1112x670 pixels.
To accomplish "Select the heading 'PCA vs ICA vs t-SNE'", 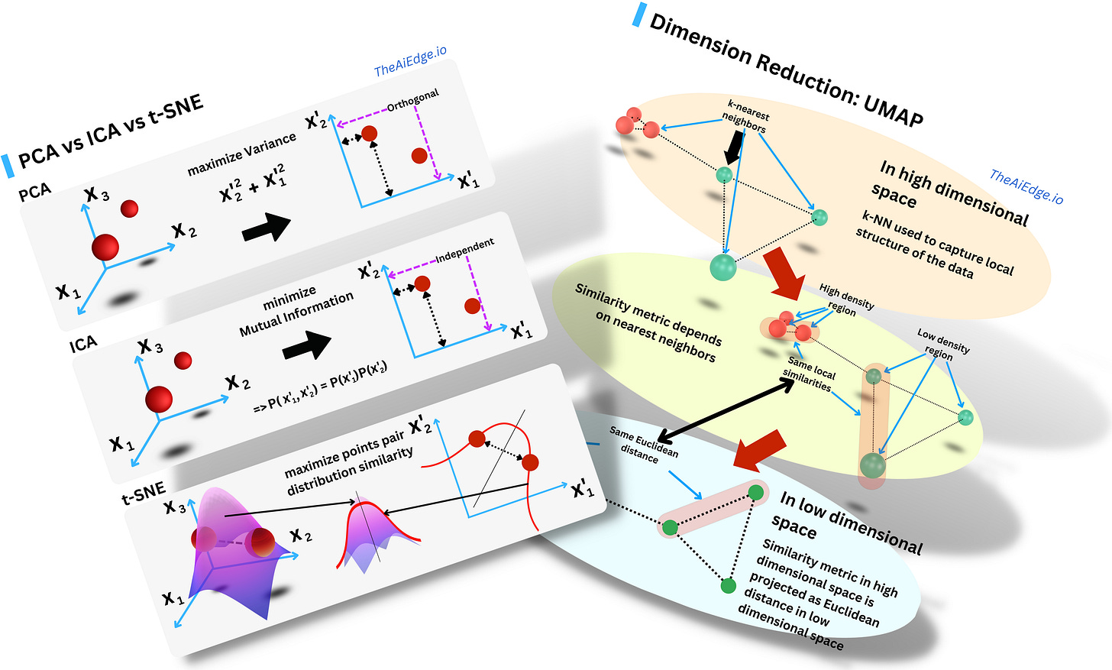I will tap(111, 131).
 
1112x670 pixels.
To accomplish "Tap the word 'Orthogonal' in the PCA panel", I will tap(412, 100).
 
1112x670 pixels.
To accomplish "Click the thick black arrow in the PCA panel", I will tap(267, 227).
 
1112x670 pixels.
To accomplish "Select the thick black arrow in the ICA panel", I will tap(307, 346).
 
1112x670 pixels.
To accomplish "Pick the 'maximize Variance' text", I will tap(241, 154).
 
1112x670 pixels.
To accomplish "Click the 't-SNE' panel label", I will tap(144, 494).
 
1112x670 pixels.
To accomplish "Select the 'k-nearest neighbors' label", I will tap(746, 117).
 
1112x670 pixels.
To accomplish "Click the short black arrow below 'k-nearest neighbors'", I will tap(733, 146).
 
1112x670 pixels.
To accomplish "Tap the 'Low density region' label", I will tap(942, 344).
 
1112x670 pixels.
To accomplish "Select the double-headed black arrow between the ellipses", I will tap(726, 410).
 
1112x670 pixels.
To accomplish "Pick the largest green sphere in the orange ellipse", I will tap(722, 267).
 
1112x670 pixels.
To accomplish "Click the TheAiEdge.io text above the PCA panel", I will tap(410, 62).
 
